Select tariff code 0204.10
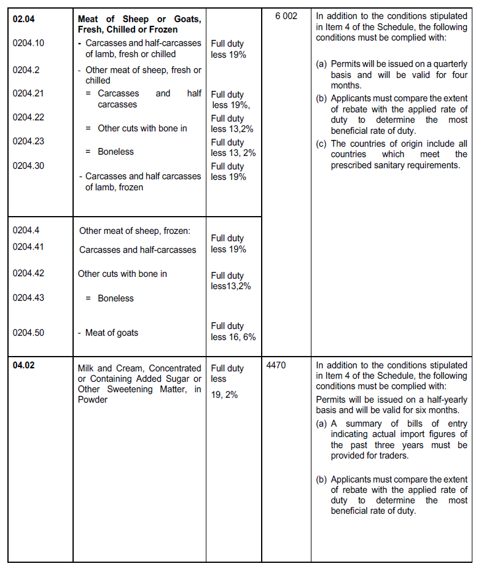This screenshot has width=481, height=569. [28, 43]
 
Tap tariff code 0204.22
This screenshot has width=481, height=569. [28, 117]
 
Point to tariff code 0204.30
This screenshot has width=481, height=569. [28, 165]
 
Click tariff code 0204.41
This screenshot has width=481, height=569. [28, 246]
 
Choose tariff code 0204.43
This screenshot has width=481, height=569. [28, 297]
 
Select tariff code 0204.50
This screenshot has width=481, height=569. [28, 332]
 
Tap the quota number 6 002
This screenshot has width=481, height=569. [286, 16]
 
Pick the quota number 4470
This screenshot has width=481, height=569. [276, 365]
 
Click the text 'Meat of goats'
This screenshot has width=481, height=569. [112, 333]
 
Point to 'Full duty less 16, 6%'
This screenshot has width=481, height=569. [233, 331]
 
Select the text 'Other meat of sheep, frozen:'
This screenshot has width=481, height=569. [135, 231]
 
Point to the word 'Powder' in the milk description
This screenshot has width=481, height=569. [93, 400]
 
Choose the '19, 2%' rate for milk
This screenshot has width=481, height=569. [224, 395]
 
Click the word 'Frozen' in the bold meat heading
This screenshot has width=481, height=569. [163, 29]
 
